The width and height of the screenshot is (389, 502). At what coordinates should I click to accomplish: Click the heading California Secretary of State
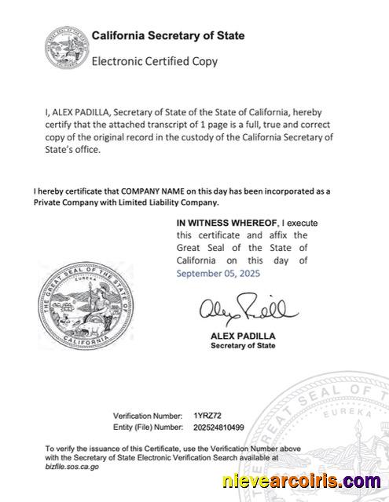(x=168, y=36)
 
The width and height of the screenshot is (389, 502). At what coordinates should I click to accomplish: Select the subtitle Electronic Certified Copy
(x=155, y=60)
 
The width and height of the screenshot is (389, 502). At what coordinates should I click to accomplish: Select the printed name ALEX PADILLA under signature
(x=238, y=335)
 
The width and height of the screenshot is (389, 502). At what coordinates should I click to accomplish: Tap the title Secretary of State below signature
(x=239, y=346)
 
